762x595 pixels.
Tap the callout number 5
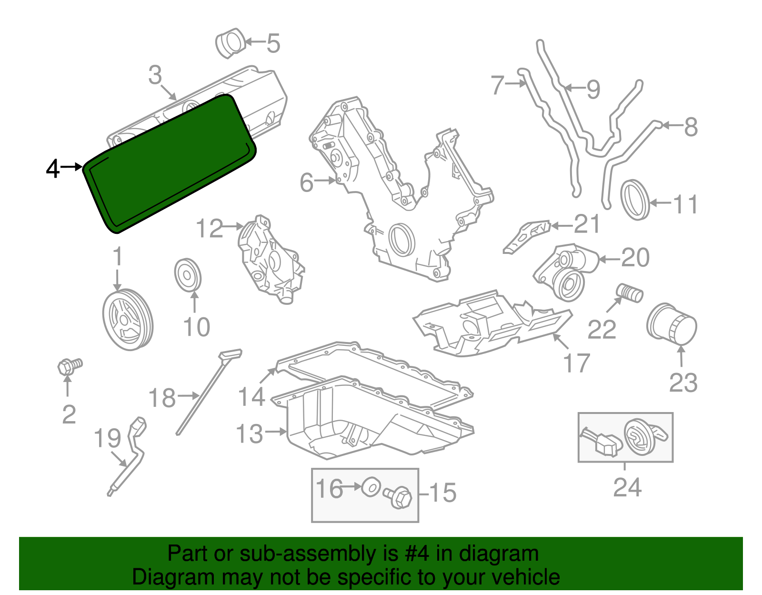click(x=273, y=43)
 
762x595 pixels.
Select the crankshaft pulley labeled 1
click(x=127, y=319)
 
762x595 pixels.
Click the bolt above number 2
click(x=69, y=366)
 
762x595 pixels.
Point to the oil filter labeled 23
click(x=672, y=324)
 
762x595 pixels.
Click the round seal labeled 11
click(x=635, y=200)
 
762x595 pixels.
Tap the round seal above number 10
click(x=188, y=275)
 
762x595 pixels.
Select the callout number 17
click(x=577, y=363)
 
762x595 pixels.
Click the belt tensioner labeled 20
click(x=567, y=272)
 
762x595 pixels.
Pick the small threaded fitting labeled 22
click(x=630, y=292)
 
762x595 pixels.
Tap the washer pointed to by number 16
click(x=371, y=487)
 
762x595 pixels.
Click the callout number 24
click(x=627, y=487)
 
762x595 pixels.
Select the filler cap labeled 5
click(x=231, y=43)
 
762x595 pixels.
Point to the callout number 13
click(x=250, y=434)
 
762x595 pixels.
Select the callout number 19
click(x=107, y=438)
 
